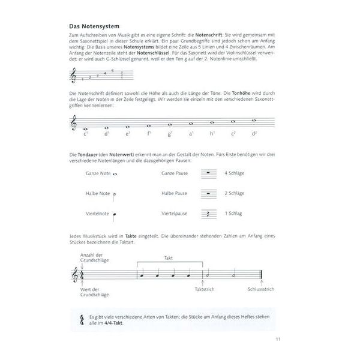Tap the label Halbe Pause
175,193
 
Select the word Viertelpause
175,213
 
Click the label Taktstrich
204,289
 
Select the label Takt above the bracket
169,257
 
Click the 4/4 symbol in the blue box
80,320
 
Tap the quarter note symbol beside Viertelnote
113,213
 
